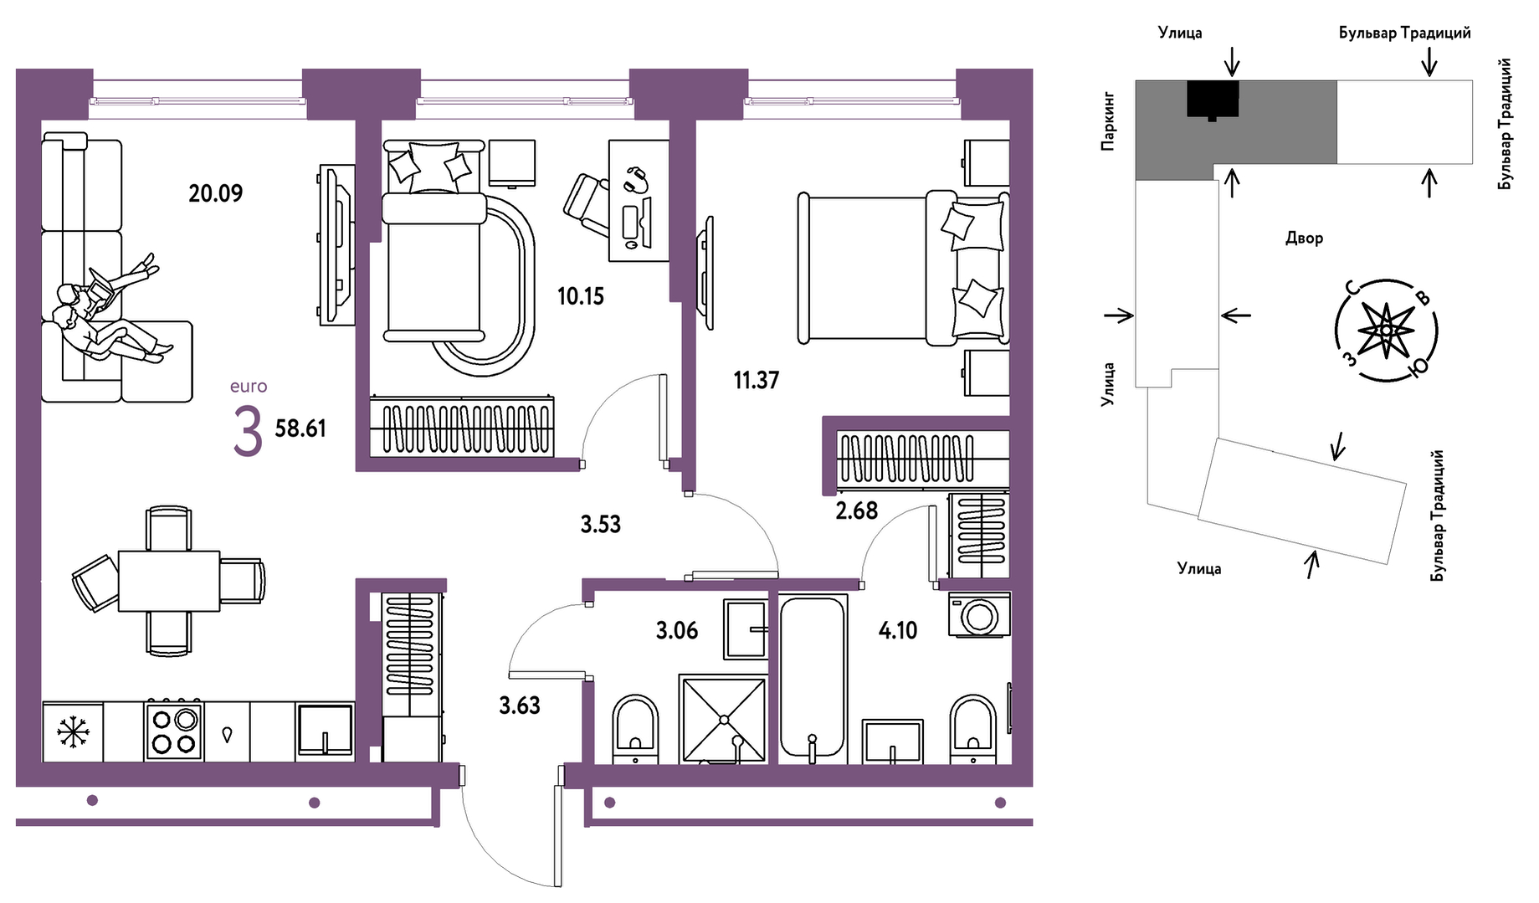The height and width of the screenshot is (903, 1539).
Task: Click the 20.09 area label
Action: pos(215,193)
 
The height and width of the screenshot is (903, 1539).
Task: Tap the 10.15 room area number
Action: pos(581,296)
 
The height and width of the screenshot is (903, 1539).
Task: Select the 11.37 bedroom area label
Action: pos(757,380)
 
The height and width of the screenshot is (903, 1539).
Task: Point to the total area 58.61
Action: pos(300,428)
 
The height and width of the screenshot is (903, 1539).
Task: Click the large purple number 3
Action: pos(248,431)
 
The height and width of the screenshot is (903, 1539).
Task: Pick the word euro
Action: pos(249,387)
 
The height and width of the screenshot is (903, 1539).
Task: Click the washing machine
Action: pos(979,615)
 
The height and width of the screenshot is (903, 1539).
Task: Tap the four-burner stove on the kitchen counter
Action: pos(174,731)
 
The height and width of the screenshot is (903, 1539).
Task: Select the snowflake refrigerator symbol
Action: pos(73,731)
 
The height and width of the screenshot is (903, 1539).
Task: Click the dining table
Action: pos(169,581)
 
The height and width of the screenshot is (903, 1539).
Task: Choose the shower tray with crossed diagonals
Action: pos(723,720)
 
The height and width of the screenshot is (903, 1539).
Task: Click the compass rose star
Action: pos(1386,330)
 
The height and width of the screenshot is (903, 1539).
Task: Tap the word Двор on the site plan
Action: pos(1304,239)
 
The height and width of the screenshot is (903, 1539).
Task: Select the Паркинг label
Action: pos(1108,121)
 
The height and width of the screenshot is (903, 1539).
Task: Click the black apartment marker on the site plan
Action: pos(1213,99)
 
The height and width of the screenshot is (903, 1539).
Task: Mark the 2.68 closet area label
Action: pos(857,511)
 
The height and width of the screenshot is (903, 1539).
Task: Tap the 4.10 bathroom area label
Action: pos(898,630)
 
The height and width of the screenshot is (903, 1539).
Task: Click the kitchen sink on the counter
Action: pos(325,731)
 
